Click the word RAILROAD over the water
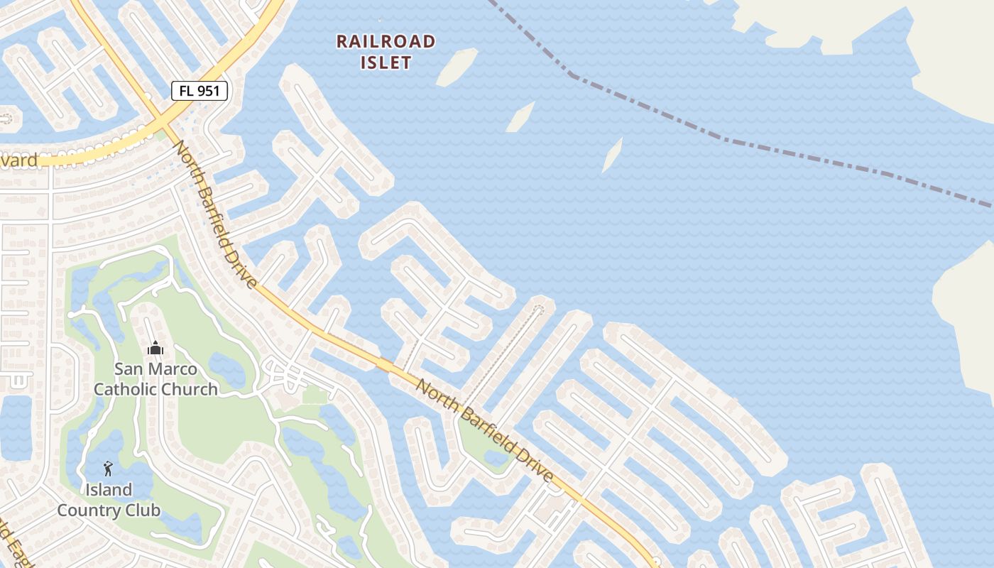(x=386, y=41)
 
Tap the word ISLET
(x=386, y=62)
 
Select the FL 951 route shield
(x=200, y=90)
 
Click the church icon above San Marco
(x=155, y=348)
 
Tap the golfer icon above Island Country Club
(x=108, y=469)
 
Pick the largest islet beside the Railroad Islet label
(x=457, y=67)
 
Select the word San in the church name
(x=129, y=369)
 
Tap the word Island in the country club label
(x=109, y=490)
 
